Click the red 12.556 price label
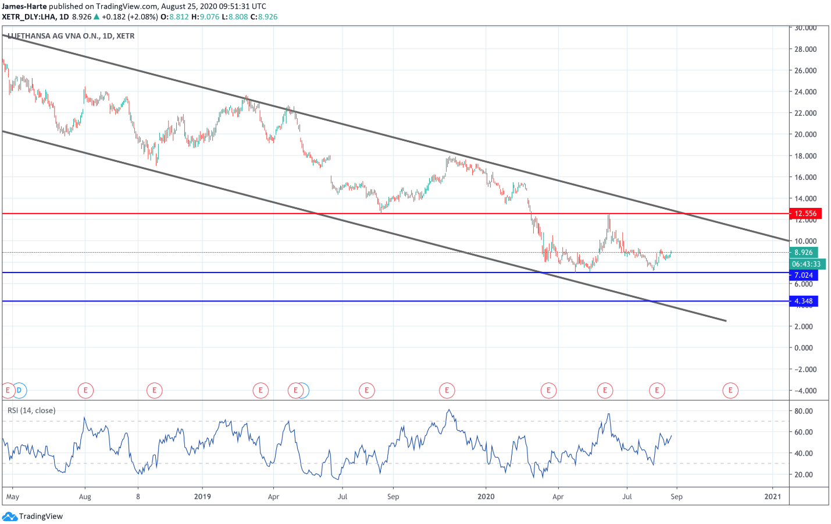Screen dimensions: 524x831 [805, 214]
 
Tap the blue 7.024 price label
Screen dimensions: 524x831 [803, 275]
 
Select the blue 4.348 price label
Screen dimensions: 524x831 [803, 301]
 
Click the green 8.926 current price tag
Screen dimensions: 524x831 [803, 253]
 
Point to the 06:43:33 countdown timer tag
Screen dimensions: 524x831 [806, 264]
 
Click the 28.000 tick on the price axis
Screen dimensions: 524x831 [805, 49]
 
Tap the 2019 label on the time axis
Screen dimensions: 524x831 [202, 497]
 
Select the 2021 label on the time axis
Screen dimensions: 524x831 [772, 497]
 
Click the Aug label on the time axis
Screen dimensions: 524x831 [85, 497]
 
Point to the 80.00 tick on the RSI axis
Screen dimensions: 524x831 [804, 411]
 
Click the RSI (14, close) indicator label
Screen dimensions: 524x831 [31, 410]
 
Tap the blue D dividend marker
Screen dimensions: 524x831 [19, 390]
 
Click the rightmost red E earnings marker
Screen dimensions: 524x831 [730, 390]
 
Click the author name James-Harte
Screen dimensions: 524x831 [24, 6]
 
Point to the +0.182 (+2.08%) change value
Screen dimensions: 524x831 [130, 17]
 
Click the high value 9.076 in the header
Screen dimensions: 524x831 [209, 17]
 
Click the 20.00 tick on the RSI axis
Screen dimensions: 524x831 [804, 475]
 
